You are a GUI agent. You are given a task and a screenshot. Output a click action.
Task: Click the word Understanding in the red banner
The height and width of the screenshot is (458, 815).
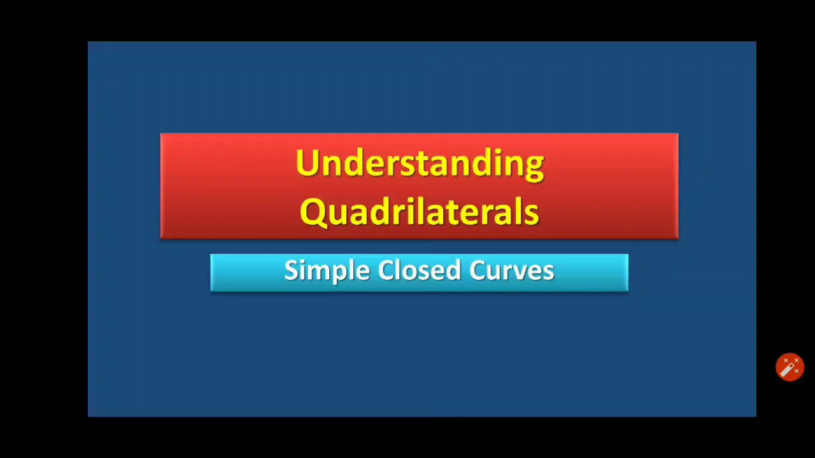(x=420, y=163)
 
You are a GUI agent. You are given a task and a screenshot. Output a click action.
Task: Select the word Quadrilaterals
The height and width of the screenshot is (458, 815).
(x=420, y=212)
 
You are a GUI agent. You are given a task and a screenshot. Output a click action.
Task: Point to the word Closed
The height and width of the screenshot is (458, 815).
(x=420, y=270)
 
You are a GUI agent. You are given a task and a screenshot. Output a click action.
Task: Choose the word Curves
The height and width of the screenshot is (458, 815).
(x=512, y=270)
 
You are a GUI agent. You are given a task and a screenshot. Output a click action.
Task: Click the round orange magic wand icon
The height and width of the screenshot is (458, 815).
(x=790, y=367)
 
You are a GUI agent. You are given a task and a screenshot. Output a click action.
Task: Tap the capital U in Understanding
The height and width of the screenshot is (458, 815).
(x=306, y=163)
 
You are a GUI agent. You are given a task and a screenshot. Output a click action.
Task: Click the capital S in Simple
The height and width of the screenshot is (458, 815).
(x=291, y=270)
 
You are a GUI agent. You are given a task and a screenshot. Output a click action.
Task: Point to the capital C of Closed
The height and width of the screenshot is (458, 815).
(x=386, y=270)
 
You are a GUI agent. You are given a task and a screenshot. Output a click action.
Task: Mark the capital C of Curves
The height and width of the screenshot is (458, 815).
(x=478, y=270)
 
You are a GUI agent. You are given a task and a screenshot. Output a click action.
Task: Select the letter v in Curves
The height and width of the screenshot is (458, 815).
(x=521, y=272)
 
